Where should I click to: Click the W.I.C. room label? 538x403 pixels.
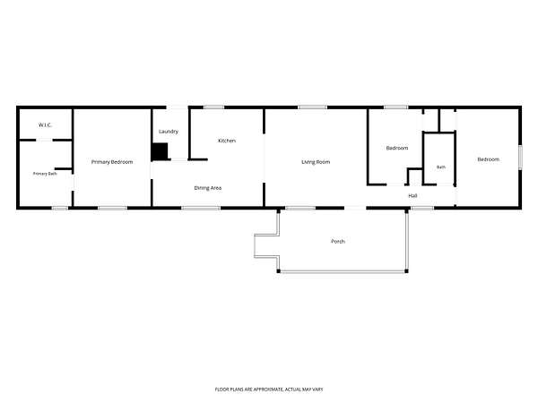(45, 125)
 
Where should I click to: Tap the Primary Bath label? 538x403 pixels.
(45, 174)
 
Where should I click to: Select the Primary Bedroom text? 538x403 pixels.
(112, 162)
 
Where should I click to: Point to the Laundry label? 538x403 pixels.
(169, 132)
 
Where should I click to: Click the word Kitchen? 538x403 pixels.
(227, 141)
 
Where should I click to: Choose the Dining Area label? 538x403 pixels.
(208, 188)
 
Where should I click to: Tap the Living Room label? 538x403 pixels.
(316, 162)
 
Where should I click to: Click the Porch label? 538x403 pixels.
(338, 242)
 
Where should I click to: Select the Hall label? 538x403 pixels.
(412, 196)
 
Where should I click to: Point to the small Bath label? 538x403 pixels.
(441, 167)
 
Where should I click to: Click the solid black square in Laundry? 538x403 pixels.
(160, 152)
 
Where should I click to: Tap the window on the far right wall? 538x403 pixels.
(520, 157)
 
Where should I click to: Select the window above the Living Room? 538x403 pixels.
(312, 107)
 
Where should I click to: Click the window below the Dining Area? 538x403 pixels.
(201, 208)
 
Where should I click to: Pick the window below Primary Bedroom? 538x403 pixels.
(113, 208)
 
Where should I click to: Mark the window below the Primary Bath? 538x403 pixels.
(60, 208)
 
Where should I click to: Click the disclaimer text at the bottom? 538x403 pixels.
(269, 390)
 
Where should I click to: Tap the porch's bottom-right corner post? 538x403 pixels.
(406, 271)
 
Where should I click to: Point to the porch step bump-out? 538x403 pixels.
(266, 246)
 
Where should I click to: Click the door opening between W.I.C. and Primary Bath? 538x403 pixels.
(44, 141)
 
